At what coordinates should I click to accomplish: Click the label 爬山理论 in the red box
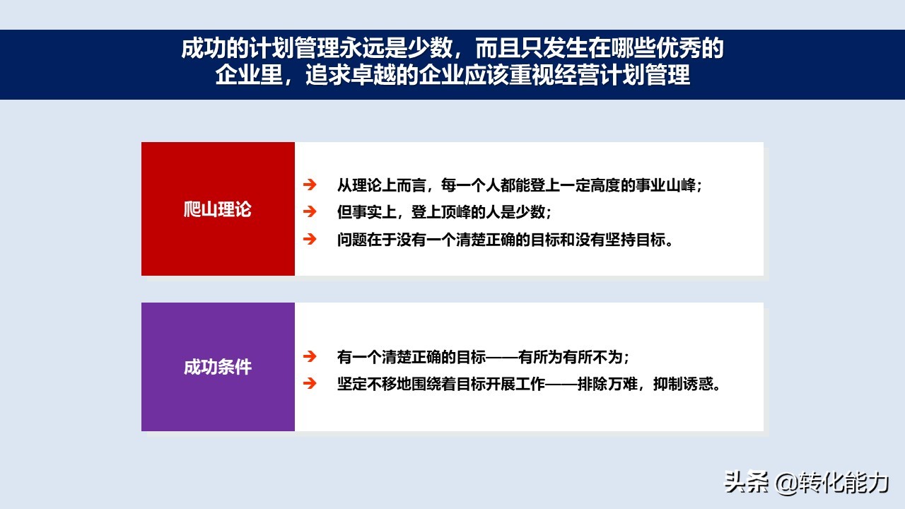[x=217, y=209]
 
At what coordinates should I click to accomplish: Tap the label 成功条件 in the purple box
[x=217, y=367]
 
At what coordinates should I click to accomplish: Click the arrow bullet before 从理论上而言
[x=310, y=185]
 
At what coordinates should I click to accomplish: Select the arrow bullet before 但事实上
[x=310, y=211]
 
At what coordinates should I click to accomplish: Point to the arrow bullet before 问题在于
[x=310, y=239]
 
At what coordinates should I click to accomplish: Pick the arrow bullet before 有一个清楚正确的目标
[x=310, y=356]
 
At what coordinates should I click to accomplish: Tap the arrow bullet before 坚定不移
[x=310, y=383]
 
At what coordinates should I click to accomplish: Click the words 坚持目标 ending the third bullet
[x=635, y=240]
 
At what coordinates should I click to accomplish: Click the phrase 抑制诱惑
[x=683, y=384]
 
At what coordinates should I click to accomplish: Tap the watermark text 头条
[x=746, y=482]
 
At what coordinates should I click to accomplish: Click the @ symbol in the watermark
[x=786, y=483]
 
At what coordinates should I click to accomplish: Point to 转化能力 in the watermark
[x=843, y=482]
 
